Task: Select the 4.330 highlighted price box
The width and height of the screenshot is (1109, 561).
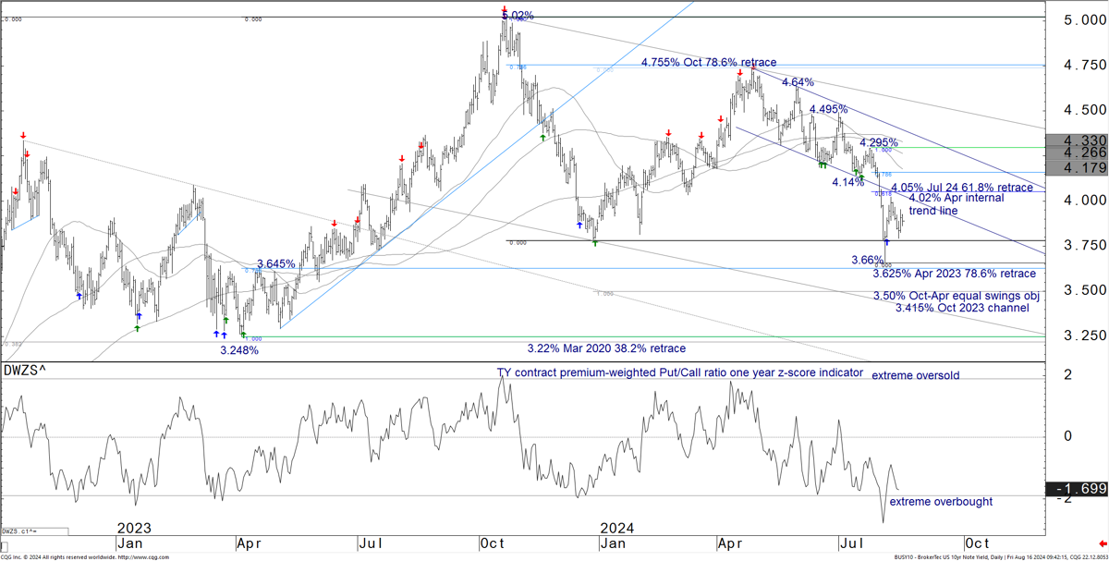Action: (x=1076, y=140)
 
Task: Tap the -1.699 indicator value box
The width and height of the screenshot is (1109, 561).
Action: (x=1077, y=488)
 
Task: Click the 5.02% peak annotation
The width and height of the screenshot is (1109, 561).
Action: (x=516, y=16)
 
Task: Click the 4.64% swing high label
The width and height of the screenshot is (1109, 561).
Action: (x=798, y=82)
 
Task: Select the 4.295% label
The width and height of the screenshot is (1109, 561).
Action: (x=878, y=143)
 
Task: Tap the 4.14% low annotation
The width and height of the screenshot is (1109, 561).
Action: (x=847, y=183)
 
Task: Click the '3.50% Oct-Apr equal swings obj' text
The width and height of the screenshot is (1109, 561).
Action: (x=957, y=296)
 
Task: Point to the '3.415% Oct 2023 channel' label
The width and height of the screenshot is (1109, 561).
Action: (x=962, y=308)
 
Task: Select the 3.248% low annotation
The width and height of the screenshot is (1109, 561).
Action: (x=238, y=350)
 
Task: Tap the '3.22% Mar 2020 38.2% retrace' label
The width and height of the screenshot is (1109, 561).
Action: (x=606, y=348)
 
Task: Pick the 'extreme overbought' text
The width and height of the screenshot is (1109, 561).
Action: (x=940, y=501)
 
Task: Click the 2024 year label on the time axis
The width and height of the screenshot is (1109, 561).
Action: (x=616, y=528)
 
